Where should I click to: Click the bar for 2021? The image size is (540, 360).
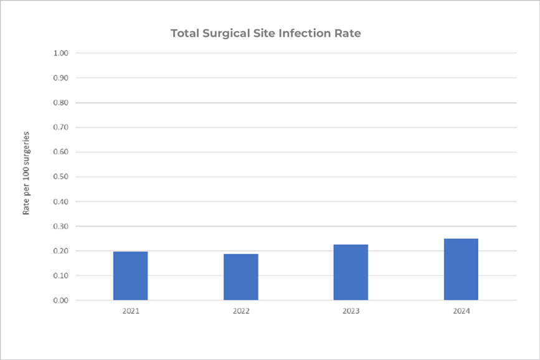click(130, 276)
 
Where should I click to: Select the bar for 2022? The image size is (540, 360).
click(240, 277)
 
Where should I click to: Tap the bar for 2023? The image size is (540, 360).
click(351, 272)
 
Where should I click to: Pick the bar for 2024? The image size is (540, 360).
click(461, 270)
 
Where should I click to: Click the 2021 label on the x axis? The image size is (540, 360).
click(130, 310)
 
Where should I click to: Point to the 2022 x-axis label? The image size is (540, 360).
click(240, 310)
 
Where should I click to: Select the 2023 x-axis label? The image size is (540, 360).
click(351, 310)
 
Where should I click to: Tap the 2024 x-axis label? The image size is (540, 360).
click(461, 310)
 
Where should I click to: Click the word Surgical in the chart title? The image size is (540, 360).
click(226, 34)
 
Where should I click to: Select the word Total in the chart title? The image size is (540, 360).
click(185, 33)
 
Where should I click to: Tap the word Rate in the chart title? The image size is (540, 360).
click(349, 33)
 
